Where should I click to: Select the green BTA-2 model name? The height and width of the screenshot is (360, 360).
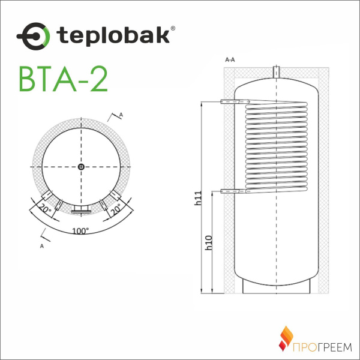pos(64,79)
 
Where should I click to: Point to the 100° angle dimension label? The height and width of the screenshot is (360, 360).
pos(80,230)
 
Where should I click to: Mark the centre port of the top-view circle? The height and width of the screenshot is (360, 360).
pos(80,167)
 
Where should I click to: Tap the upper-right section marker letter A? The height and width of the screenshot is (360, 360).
pos(121,114)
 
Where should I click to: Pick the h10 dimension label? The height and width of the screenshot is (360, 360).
pos(208,241)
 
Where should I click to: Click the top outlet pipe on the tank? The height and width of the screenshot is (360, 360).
pos(277,71)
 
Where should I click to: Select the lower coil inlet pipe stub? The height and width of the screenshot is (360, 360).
pos(230,191)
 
